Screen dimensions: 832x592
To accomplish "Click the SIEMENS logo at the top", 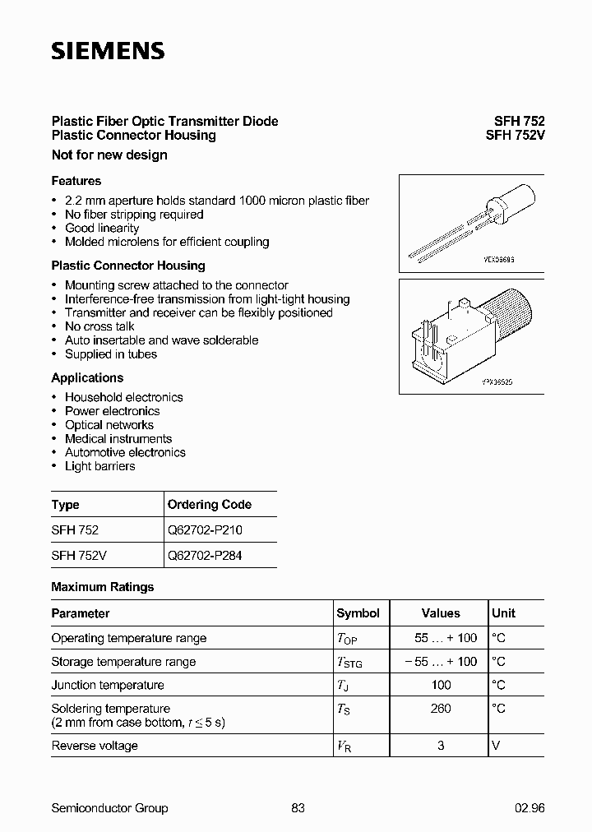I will pyautogui.click(x=108, y=51).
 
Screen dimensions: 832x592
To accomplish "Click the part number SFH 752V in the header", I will pyautogui.click(x=509, y=136).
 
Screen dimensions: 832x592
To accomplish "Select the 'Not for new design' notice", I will pyautogui.click(x=109, y=155).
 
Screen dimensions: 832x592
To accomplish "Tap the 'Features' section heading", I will pyautogui.click(x=76, y=181).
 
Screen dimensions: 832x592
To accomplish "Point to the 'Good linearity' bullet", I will pyautogui.click(x=102, y=228).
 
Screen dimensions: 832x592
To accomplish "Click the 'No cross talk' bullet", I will pyautogui.click(x=99, y=326).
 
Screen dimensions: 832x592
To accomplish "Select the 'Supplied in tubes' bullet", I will pyautogui.click(x=111, y=354).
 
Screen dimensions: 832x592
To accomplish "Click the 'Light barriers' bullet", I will pyautogui.click(x=100, y=466).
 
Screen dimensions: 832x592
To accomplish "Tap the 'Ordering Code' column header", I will pyautogui.click(x=210, y=505).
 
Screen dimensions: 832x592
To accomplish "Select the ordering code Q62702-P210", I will pyautogui.click(x=205, y=530).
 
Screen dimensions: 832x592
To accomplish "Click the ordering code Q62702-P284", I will pyautogui.click(x=205, y=555).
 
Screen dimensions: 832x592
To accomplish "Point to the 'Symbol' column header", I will pyautogui.click(x=358, y=613).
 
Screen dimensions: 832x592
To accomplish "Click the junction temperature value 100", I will pyautogui.click(x=441, y=685).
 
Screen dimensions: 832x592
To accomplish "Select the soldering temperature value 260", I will pyautogui.click(x=441, y=709).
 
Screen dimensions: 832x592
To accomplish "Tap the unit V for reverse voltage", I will pyautogui.click(x=496, y=746).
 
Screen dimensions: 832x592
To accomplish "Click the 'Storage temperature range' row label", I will pyautogui.click(x=123, y=662).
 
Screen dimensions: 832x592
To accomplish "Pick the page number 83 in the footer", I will pyautogui.click(x=298, y=808).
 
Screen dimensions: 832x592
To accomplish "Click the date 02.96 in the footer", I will pyautogui.click(x=530, y=808).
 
